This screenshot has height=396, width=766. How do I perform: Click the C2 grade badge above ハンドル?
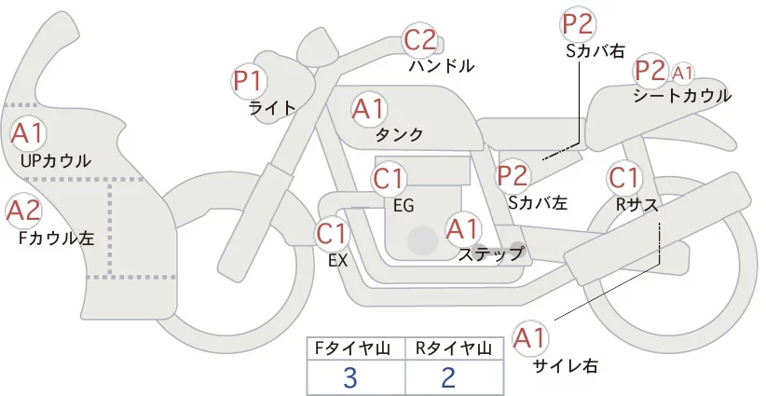(x=419, y=40)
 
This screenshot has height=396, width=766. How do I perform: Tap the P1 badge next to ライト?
(x=248, y=79)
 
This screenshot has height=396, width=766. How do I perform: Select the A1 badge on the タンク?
(x=368, y=109)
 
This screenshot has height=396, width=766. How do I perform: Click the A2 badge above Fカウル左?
(x=23, y=212)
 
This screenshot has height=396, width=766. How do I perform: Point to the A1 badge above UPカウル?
(x=27, y=133)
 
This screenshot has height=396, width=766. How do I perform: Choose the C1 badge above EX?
(x=333, y=232)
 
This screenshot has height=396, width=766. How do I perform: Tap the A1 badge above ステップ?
(x=463, y=227)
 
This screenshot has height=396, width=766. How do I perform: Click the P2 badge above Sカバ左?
(x=513, y=174)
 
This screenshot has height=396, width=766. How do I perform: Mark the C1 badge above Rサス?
(x=623, y=176)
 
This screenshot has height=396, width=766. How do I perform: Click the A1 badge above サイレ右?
(x=533, y=337)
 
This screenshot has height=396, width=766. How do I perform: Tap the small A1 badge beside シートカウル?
(x=683, y=72)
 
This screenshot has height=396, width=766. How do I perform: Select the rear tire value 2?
(x=448, y=377)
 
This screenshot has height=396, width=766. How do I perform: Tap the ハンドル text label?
(x=442, y=66)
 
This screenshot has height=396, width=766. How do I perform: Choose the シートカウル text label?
(x=681, y=95)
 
